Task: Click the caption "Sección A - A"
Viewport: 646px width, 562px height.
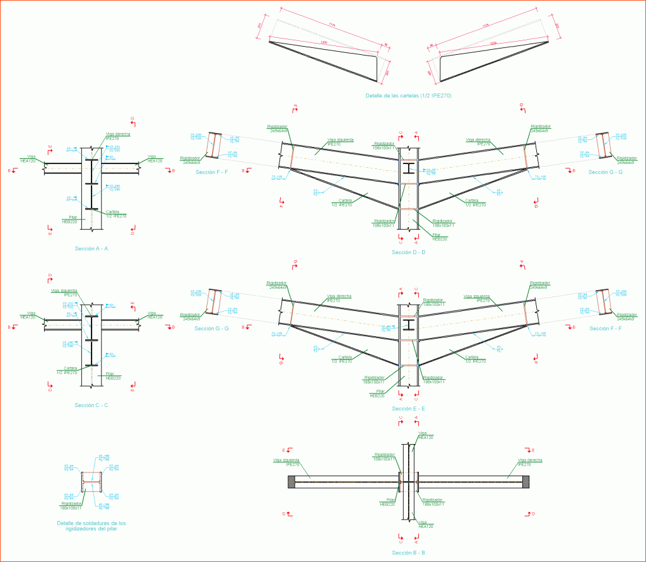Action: (x=91, y=249)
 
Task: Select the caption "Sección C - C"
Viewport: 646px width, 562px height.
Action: (x=91, y=405)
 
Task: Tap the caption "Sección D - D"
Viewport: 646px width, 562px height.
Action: (x=408, y=252)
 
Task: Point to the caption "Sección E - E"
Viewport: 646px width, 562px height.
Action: (x=408, y=409)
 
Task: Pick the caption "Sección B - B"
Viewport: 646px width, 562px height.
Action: (x=408, y=553)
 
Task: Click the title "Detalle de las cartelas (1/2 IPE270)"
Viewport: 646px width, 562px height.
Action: (x=409, y=96)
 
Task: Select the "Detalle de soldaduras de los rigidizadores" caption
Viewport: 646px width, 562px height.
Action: (x=91, y=526)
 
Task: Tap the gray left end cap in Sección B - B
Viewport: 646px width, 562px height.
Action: (x=291, y=483)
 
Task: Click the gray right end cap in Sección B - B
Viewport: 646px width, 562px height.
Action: (x=525, y=483)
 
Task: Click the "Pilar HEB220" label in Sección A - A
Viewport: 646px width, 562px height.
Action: (x=69, y=220)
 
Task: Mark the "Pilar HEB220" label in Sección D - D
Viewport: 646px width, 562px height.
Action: (x=440, y=238)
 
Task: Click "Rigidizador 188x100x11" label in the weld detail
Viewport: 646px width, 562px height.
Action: (x=71, y=505)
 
